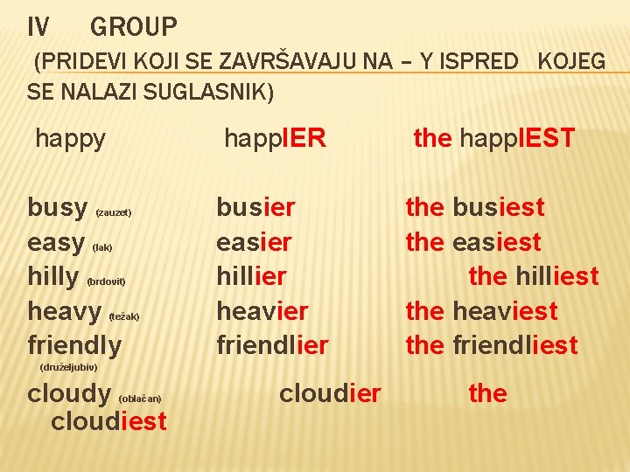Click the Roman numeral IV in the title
tap(38, 28)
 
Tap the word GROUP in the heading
tap(133, 28)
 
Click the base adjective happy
tap(70, 138)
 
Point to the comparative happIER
tap(275, 138)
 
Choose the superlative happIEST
tap(517, 138)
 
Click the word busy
tap(57, 208)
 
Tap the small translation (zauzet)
tap(113, 212)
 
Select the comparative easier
tap(254, 242)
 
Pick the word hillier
tap(251, 276)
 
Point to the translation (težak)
tap(123, 316)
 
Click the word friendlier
tap(272, 345)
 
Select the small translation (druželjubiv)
tap(68, 366)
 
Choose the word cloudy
tap(69, 394)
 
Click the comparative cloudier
tap(330, 394)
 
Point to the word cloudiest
tap(108, 421)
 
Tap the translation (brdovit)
tap(106, 281)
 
